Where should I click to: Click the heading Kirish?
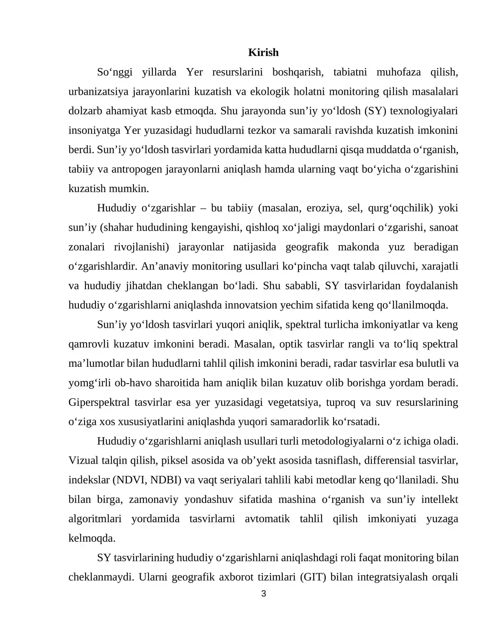click(x=263, y=53)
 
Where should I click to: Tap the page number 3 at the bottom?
click(x=263, y=594)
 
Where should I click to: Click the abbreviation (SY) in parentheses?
click(x=375, y=111)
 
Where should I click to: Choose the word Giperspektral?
click(x=99, y=403)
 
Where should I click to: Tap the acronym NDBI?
click(x=165, y=480)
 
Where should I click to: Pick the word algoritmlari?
click(x=95, y=519)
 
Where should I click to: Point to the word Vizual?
click(x=83, y=461)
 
